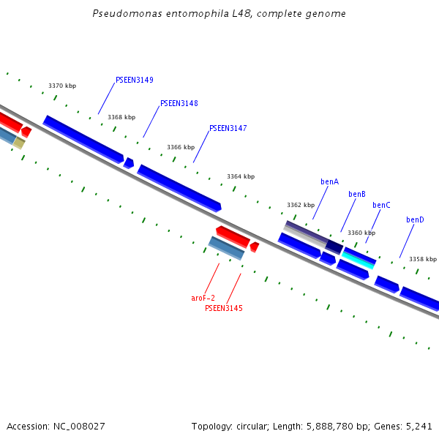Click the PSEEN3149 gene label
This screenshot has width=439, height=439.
click(x=134, y=80)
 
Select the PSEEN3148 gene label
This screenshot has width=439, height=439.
click(x=179, y=103)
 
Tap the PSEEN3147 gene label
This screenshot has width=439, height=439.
click(x=228, y=128)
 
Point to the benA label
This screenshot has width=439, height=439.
click(x=329, y=181)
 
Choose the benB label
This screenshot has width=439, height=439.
click(x=356, y=194)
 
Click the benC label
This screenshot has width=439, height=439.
click(x=381, y=205)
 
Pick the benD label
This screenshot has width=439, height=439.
click(x=415, y=219)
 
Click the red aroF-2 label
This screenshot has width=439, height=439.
click(x=203, y=298)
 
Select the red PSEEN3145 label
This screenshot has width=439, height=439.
click(x=223, y=308)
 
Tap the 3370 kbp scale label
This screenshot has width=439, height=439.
click(x=62, y=86)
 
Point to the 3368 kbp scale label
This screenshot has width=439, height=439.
click(x=121, y=117)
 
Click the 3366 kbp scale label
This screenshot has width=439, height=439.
click(x=181, y=147)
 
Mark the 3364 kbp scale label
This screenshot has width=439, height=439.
click(x=241, y=176)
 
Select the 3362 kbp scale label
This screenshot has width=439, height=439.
click(x=300, y=205)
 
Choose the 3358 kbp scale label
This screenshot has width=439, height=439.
click(x=422, y=259)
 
